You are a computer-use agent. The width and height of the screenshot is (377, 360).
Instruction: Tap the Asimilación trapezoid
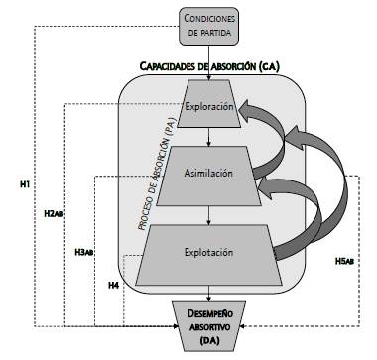point(208,173)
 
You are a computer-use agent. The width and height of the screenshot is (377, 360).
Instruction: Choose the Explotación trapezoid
point(208,253)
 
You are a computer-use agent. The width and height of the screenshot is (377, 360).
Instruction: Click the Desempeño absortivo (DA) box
point(208,326)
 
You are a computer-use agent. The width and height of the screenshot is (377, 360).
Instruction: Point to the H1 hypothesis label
point(25,185)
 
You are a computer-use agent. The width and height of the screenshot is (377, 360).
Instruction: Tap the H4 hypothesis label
point(114,286)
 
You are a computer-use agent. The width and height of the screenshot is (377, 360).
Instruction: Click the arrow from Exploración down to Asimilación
point(208,137)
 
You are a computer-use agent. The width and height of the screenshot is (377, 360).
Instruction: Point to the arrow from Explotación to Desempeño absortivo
point(208,291)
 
